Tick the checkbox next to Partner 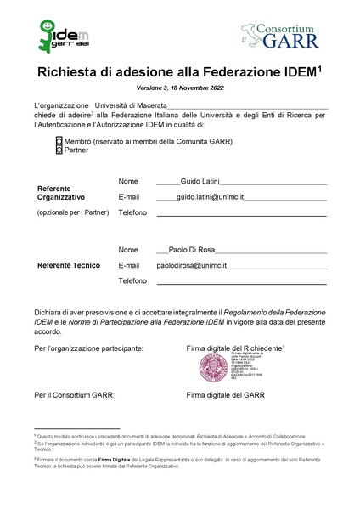[x=59, y=150]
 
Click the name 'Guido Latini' [x=201, y=182]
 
